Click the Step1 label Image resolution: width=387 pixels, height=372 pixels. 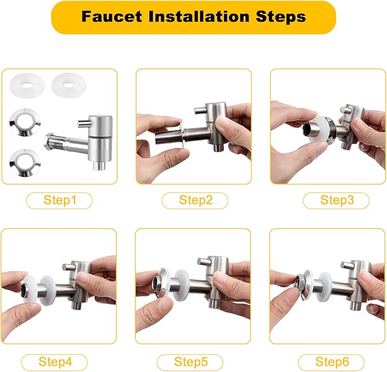(59, 200)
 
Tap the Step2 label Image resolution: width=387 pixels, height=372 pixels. (195, 200)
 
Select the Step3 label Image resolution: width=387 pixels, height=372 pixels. (337, 200)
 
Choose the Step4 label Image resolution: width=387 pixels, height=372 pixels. (55, 362)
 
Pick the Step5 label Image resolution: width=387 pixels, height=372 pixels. (190, 362)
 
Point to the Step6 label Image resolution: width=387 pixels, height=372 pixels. (332, 362)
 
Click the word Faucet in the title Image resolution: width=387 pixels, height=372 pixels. (112, 17)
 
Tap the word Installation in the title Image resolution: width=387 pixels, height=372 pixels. (199, 17)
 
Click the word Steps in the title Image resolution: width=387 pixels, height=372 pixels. (280, 17)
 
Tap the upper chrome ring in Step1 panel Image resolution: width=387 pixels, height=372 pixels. (26, 122)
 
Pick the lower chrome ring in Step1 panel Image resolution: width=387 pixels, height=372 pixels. (26, 163)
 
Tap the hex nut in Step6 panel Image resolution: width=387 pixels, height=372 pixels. (300, 282)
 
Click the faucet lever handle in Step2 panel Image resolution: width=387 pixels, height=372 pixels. (200, 111)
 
